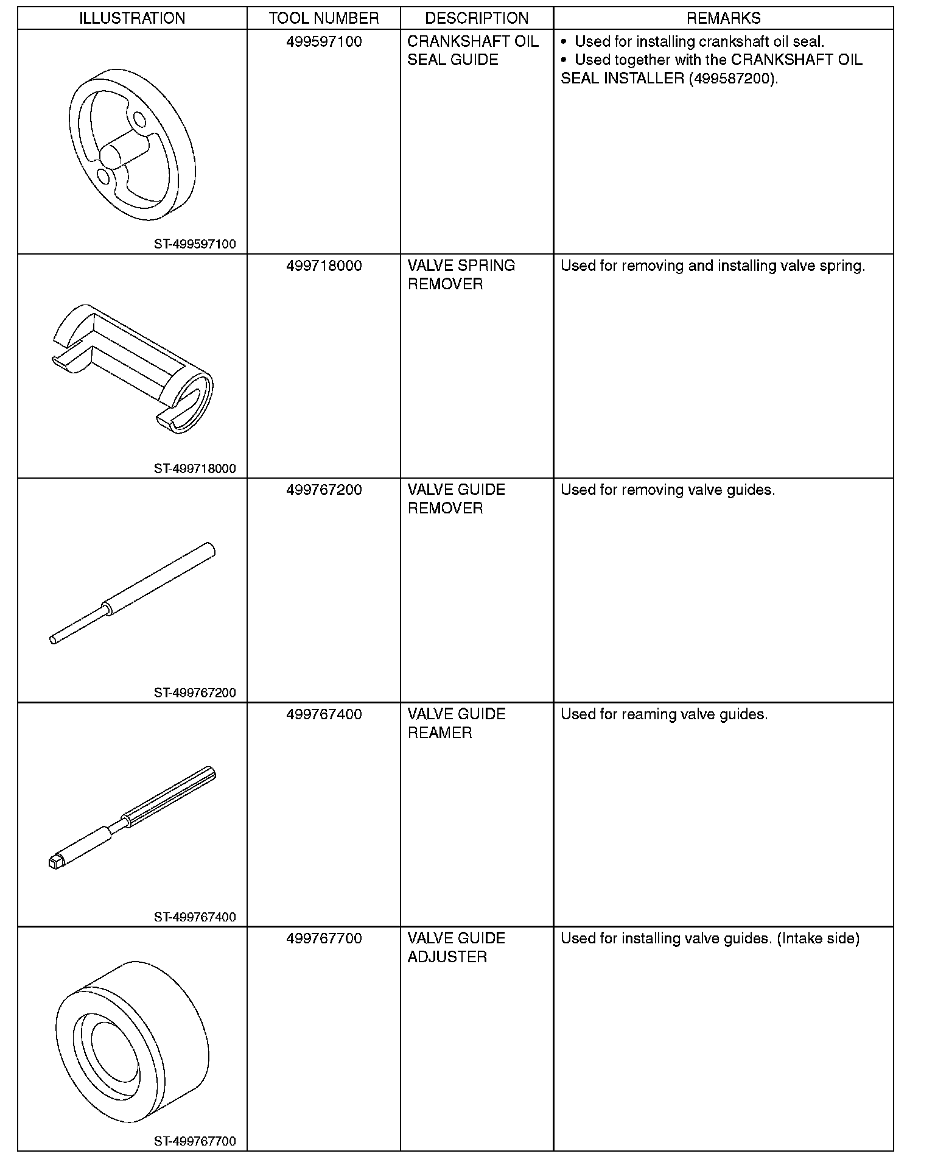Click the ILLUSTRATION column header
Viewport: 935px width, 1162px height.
[x=132, y=18]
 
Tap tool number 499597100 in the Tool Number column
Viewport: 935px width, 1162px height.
[x=324, y=42]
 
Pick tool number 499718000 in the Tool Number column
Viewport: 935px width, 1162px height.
[x=324, y=266]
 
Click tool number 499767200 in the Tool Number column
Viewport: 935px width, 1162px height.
[x=324, y=490]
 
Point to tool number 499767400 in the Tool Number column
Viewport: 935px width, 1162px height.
[x=324, y=714]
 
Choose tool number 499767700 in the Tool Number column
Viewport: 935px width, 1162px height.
[x=324, y=938]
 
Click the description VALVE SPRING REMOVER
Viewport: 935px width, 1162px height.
[x=461, y=275]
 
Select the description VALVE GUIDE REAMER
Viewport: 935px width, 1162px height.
[x=457, y=723]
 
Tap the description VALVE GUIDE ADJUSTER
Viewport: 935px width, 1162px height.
[x=457, y=948]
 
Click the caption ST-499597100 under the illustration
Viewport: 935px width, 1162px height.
[x=195, y=244]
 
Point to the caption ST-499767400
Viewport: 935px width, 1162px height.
[x=195, y=917]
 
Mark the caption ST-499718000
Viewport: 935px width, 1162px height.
[x=195, y=469]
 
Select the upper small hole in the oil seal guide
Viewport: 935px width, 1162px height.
[x=139, y=118]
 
